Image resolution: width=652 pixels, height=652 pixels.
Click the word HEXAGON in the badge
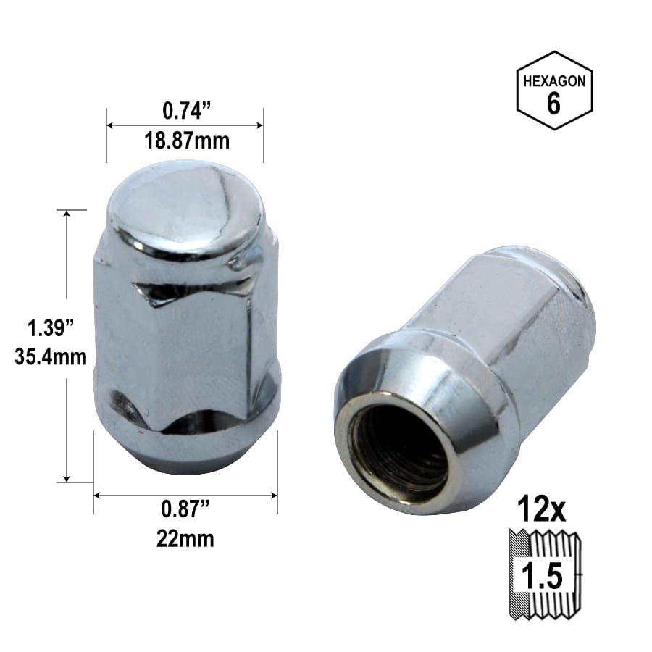click(554, 81)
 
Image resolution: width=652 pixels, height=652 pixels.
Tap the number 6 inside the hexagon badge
click(553, 103)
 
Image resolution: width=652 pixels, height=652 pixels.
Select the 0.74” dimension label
click(187, 111)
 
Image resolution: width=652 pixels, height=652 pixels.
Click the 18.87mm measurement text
click(187, 141)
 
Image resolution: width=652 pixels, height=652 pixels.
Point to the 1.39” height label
click(50, 327)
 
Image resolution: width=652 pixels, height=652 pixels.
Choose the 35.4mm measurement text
click(50, 356)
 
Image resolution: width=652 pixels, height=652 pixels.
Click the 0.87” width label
click(185, 509)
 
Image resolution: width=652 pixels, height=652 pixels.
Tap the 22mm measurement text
click(185, 539)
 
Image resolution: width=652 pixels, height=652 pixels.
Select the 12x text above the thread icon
click(541, 509)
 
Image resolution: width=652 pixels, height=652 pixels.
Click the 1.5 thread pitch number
click(542, 575)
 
